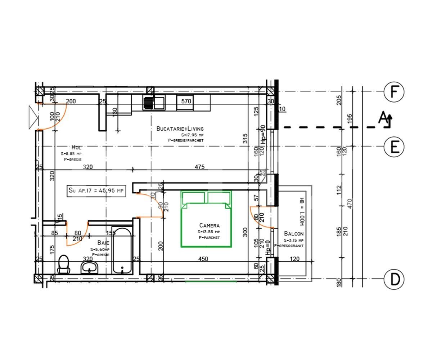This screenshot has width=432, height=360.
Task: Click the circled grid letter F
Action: [x=394, y=92]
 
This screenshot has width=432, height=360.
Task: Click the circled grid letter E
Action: [x=394, y=147]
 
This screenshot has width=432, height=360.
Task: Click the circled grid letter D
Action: [x=394, y=279]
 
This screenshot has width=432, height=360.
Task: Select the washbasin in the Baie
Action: [x=90, y=267]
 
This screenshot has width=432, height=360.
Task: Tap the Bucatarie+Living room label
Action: [x=180, y=129]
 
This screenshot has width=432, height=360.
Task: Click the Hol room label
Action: [x=76, y=147]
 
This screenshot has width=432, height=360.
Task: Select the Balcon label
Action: [x=293, y=234]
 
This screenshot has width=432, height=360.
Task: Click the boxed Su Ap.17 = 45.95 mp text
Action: [x=96, y=190]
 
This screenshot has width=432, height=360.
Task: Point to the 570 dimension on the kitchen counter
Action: [x=186, y=101]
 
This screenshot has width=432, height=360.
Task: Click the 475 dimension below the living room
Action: [x=199, y=167]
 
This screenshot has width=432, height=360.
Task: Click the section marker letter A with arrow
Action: [x=384, y=118]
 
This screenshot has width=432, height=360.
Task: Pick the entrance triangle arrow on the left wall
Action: [x=33, y=117]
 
